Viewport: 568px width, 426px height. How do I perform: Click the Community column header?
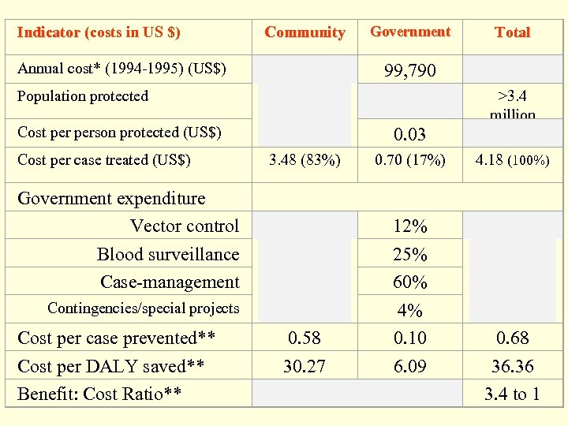[305, 32]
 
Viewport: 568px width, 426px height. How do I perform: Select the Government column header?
[410, 32]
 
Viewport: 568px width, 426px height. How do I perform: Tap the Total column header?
[512, 32]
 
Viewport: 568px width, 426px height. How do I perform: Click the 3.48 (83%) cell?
[305, 160]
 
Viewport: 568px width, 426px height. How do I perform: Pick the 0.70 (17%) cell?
[409, 160]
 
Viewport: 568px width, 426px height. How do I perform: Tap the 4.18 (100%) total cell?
[512, 160]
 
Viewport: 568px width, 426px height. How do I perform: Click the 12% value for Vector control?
[409, 226]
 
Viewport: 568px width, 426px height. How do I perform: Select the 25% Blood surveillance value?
[409, 255]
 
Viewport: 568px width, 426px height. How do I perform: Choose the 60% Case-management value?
[409, 282]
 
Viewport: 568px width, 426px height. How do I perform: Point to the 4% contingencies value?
[409, 311]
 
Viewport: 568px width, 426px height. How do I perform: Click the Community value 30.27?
[305, 366]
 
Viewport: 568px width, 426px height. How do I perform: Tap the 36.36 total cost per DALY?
[512, 366]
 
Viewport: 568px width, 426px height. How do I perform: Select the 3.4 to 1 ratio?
[512, 394]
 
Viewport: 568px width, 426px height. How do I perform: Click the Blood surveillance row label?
[167, 254]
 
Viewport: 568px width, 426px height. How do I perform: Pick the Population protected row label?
[83, 96]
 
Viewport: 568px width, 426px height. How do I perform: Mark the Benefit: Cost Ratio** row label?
[100, 394]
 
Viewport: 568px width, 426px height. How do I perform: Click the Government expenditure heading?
[111, 198]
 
